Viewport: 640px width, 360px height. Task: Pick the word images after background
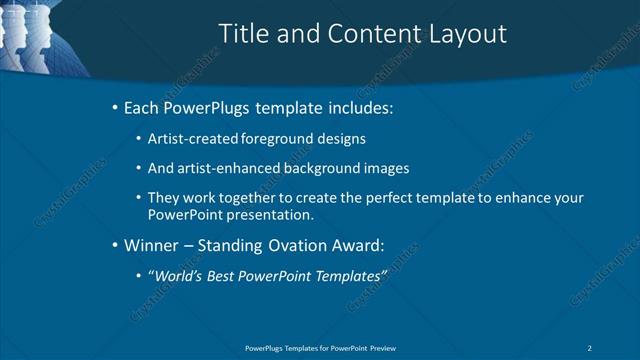click(x=387, y=168)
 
